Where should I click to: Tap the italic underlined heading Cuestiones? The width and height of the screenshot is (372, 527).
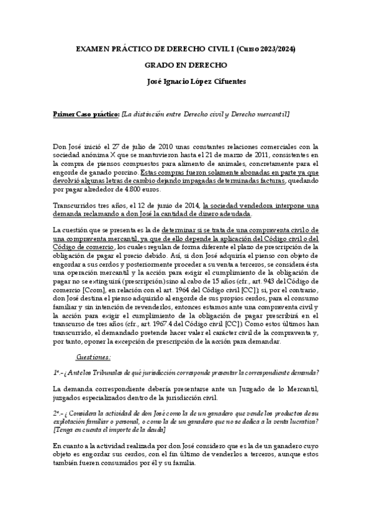(93, 357)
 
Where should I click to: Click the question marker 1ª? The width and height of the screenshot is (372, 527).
(57, 372)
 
